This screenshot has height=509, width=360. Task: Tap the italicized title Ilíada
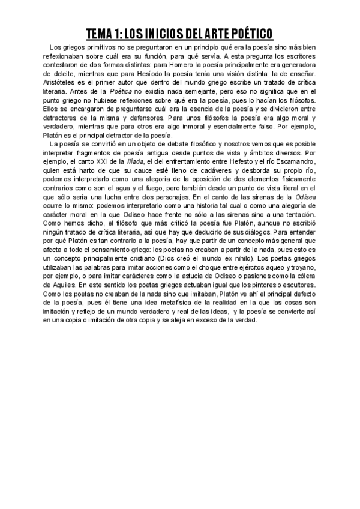click(x=133, y=161)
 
